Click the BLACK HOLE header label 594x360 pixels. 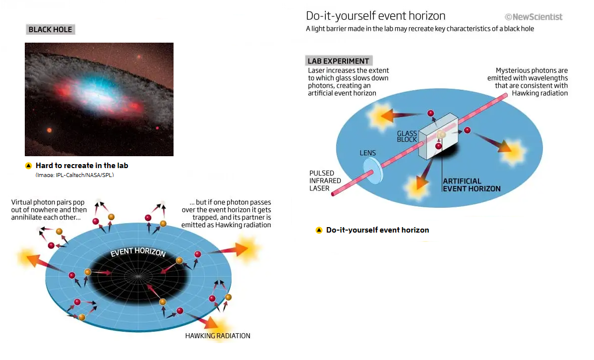point(51,30)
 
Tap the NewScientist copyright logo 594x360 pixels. point(534,17)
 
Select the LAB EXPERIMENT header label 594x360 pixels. point(338,60)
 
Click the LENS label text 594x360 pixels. point(367,153)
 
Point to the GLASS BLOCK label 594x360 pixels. point(407,136)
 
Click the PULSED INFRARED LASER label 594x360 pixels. point(325,181)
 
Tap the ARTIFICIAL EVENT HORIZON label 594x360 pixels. point(472,185)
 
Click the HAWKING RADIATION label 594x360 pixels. point(218,336)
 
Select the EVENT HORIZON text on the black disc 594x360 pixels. point(138,252)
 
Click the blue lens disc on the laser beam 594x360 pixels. point(373,171)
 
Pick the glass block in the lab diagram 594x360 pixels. point(438,136)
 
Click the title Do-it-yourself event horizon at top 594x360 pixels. point(375,16)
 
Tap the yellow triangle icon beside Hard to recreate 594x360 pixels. point(28,166)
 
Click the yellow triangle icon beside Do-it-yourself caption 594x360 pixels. point(319,230)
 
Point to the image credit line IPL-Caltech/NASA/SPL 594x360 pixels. point(75,175)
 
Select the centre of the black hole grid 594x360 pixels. point(138,276)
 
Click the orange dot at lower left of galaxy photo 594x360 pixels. point(49,130)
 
